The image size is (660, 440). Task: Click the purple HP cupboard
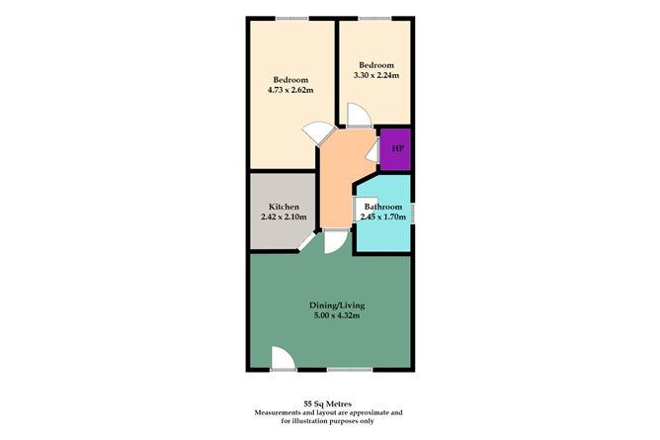coord(397,148)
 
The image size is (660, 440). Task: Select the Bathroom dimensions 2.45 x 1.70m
coord(383,217)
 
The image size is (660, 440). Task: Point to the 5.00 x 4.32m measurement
coord(330,315)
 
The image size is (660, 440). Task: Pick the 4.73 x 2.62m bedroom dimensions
coord(289,90)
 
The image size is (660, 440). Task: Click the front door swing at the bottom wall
coord(281,359)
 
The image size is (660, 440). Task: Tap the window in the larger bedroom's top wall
coord(290,17)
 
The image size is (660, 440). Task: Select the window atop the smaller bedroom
coord(373,17)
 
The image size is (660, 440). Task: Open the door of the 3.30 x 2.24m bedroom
coord(357,117)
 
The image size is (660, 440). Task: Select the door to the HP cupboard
coord(373,150)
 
